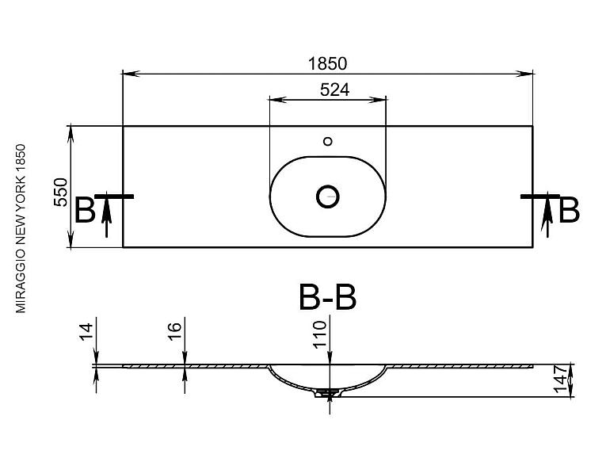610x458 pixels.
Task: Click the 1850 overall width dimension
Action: point(327,64)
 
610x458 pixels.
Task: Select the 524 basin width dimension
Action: point(334,90)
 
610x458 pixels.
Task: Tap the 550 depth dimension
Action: point(61,193)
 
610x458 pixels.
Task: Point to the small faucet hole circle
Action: point(328,141)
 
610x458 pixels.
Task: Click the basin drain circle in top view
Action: point(328,197)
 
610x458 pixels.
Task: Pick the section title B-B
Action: point(327,298)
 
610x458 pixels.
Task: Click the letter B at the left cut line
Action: point(85,211)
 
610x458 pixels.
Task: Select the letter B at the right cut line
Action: point(569,211)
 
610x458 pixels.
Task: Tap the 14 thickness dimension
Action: point(87,331)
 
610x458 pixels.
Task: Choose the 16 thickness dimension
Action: point(175,331)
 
